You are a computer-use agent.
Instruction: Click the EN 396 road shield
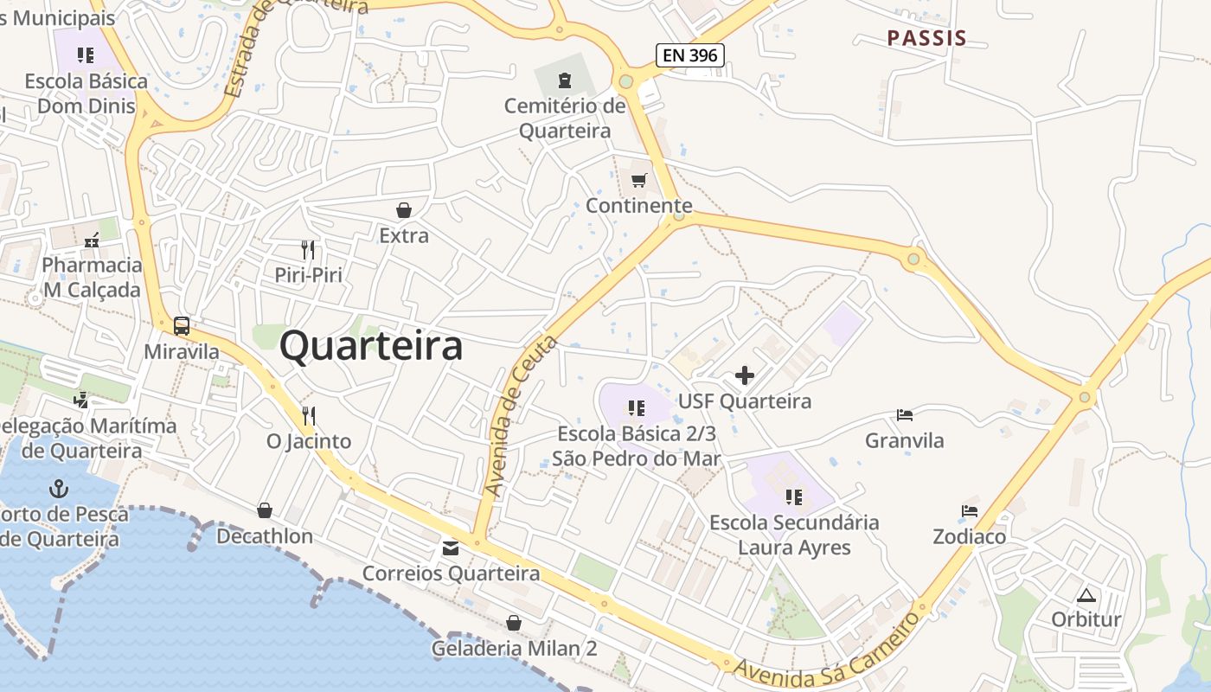pyautogui.click(x=689, y=56)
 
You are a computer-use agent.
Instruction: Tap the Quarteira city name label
pyautogui.click(x=371, y=347)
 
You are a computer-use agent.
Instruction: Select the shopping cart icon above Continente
pyautogui.click(x=639, y=180)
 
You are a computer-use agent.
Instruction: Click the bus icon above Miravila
pyautogui.click(x=182, y=326)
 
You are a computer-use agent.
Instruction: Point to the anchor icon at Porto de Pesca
pyautogui.click(x=58, y=489)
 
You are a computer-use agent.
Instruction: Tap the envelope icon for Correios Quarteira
pyautogui.click(x=451, y=548)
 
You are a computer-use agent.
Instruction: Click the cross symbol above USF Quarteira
pyautogui.click(x=744, y=375)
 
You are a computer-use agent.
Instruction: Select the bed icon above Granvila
pyautogui.click(x=905, y=415)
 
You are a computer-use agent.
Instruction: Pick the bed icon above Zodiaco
pyautogui.click(x=970, y=511)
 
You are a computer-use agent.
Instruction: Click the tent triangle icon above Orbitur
pyautogui.click(x=1086, y=595)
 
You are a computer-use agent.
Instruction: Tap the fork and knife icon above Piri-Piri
pyautogui.click(x=308, y=250)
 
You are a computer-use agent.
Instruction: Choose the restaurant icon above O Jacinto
pyautogui.click(x=309, y=416)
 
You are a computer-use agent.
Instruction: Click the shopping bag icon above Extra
pyautogui.click(x=404, y=210)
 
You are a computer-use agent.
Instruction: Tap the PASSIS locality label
pyautogui.click(x=926, y=38)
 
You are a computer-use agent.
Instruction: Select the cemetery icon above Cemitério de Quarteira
pyautogui.click(x=565, y=81)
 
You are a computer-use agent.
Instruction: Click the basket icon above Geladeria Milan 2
pyautogui.click(x=514, y=623)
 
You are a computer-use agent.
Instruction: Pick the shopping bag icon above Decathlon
pyautogui.click(x=265, y=510)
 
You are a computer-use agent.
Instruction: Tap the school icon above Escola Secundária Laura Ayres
pyautogui.click(x=794, y=497)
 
